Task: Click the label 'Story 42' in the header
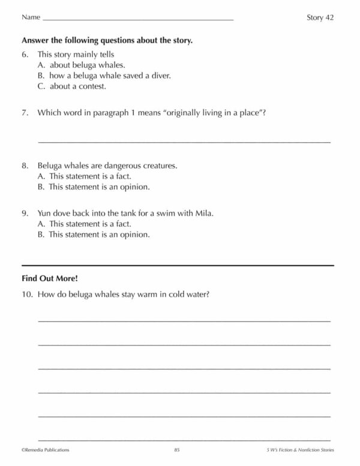(x=320, y=17)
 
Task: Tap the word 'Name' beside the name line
(x=31, y=17)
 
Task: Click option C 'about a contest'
(x=76, y=86)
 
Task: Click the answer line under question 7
(x=184, y=142)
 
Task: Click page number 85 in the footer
(x=177, y=449)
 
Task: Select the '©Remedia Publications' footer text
(x=46, y=449)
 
